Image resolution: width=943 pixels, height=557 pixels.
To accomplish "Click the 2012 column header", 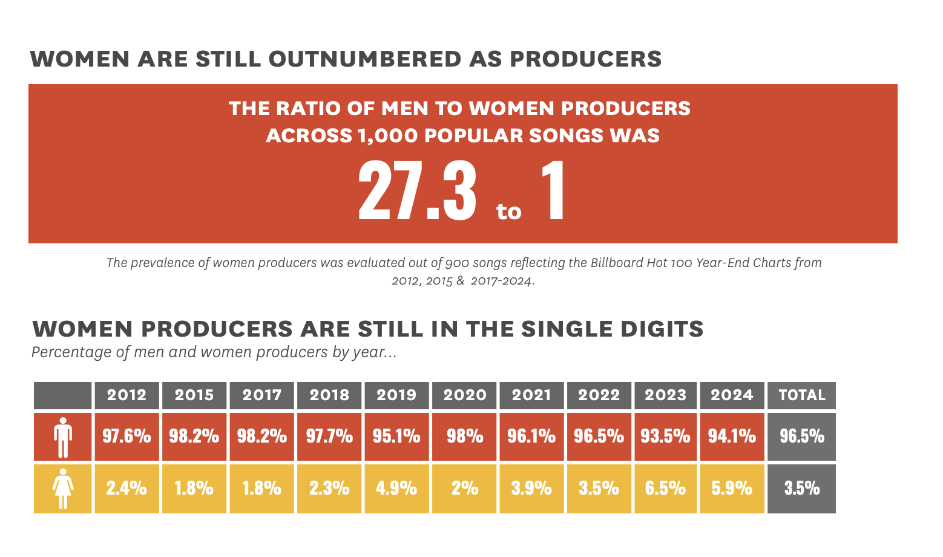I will pos(126,395).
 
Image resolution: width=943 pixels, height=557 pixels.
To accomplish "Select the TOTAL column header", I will pos(801,395).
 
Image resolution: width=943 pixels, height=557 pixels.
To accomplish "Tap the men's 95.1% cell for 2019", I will pos(396,437).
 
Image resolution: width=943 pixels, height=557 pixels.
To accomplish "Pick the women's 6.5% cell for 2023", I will pos(665,488).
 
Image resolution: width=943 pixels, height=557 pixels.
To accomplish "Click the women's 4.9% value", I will pos(396,488).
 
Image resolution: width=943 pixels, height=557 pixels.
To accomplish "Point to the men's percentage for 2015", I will pos(194,437).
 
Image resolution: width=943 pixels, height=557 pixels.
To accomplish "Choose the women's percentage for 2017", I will pos(261,488).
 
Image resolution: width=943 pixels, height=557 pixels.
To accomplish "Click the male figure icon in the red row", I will pos(63,437).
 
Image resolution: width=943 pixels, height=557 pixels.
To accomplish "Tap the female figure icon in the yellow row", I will pos(63,489).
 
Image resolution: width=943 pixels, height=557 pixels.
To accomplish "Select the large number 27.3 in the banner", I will pos(417,191).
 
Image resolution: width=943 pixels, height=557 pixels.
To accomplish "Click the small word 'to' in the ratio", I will pos(508,211).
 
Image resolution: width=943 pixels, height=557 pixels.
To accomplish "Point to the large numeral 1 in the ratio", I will pos(553,191).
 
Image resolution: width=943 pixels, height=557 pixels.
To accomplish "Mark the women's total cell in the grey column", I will pos(801,488).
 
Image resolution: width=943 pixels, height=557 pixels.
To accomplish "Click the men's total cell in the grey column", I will pos(801,437).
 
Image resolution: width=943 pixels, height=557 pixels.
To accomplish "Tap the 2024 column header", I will pos(732,395).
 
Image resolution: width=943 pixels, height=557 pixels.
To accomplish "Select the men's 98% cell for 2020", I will pos(464,437).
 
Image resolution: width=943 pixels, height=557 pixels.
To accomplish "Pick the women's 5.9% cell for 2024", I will pos(732,488).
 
